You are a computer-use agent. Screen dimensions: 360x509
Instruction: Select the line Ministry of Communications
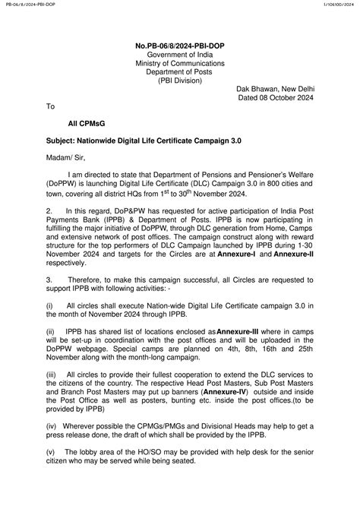tap(180, 64)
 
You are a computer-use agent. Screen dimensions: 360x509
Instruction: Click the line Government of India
tap(180, 55)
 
